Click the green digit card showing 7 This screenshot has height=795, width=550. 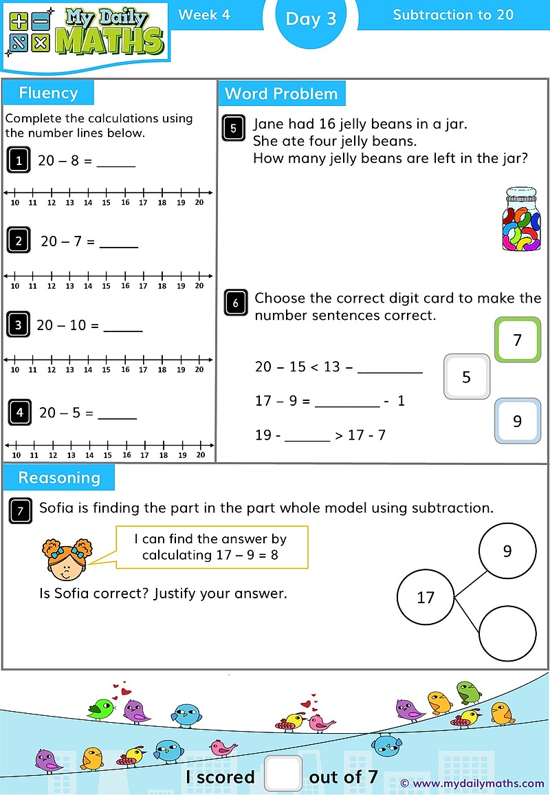coord(518,340)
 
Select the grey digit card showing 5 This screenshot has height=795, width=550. coord(467,376)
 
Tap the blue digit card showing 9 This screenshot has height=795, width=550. coord(517,421)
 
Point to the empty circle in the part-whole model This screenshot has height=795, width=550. coord(507,633)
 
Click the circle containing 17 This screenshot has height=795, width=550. coord(426,597)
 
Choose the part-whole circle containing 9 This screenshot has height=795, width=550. coord(507,551)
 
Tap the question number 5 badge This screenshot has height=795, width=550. coord(234,129)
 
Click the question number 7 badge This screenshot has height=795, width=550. coord(21,510)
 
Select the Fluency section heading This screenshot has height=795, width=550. coord(48,93)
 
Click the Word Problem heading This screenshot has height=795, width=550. coord(281,94)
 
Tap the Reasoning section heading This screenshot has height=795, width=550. coord(59,478)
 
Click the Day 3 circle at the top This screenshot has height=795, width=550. coord(311,19)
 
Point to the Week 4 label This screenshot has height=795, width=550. coord(204,14)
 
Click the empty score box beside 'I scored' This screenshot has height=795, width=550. coord(283,773)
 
